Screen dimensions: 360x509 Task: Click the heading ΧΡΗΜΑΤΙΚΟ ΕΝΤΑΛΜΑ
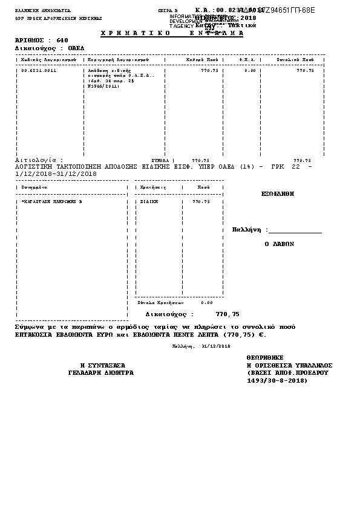click(x=163, y=33)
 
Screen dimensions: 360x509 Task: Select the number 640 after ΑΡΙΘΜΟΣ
click(x=62, y=41)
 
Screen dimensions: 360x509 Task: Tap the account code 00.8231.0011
click(x=39, y=71)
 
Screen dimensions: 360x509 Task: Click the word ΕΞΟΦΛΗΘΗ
click(x=277, y=194)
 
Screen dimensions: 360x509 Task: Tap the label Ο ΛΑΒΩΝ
click(x=279, y=244)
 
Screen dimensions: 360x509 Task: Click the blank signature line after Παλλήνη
click(x=295, y=232)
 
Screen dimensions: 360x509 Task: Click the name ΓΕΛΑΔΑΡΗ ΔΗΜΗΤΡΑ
click(x=100, y=373)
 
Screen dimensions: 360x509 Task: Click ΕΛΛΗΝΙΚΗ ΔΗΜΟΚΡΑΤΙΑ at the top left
click(x=34, y=11)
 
